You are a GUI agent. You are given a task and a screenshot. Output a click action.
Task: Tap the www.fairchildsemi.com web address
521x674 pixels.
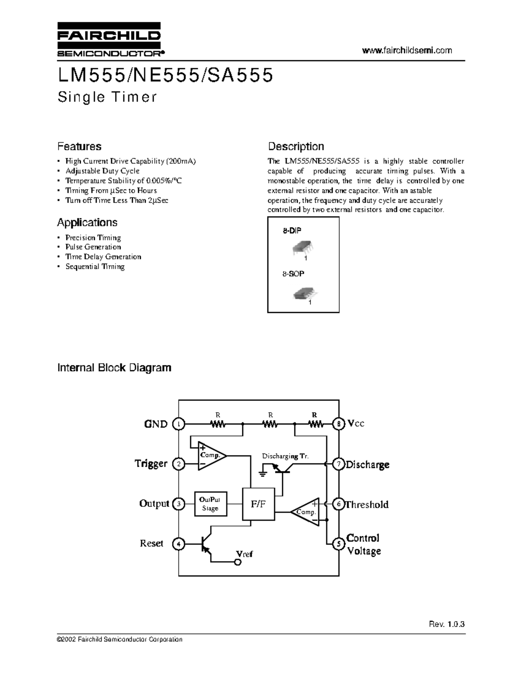click(x=407, y=50)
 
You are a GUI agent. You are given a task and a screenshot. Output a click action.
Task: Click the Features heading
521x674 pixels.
click(x=79, y=146)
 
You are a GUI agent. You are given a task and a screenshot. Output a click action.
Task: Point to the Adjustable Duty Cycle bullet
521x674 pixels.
click(x=102, y=171)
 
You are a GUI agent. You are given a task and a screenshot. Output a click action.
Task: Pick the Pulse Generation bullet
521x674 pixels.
click(x=93, y=247)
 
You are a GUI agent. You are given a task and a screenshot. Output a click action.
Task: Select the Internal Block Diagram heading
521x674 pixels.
click(x=114, y=368)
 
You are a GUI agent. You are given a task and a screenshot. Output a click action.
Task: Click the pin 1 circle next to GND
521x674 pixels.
click(x=178, y=424)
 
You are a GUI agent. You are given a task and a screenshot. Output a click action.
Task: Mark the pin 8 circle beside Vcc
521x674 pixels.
click(x=339, y=424)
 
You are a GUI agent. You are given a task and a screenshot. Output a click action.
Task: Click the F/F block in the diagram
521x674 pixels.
click(x=258, y=504)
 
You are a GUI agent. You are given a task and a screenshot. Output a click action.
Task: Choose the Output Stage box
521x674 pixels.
click(x=210, y=504)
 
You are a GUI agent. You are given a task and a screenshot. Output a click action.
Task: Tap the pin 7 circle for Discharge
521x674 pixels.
click(x=339, y=464)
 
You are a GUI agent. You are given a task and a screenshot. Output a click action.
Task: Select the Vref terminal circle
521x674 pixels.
click(x=238, y=562)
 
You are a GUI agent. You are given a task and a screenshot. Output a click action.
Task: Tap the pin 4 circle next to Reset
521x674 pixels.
click(x=178, y=544)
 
